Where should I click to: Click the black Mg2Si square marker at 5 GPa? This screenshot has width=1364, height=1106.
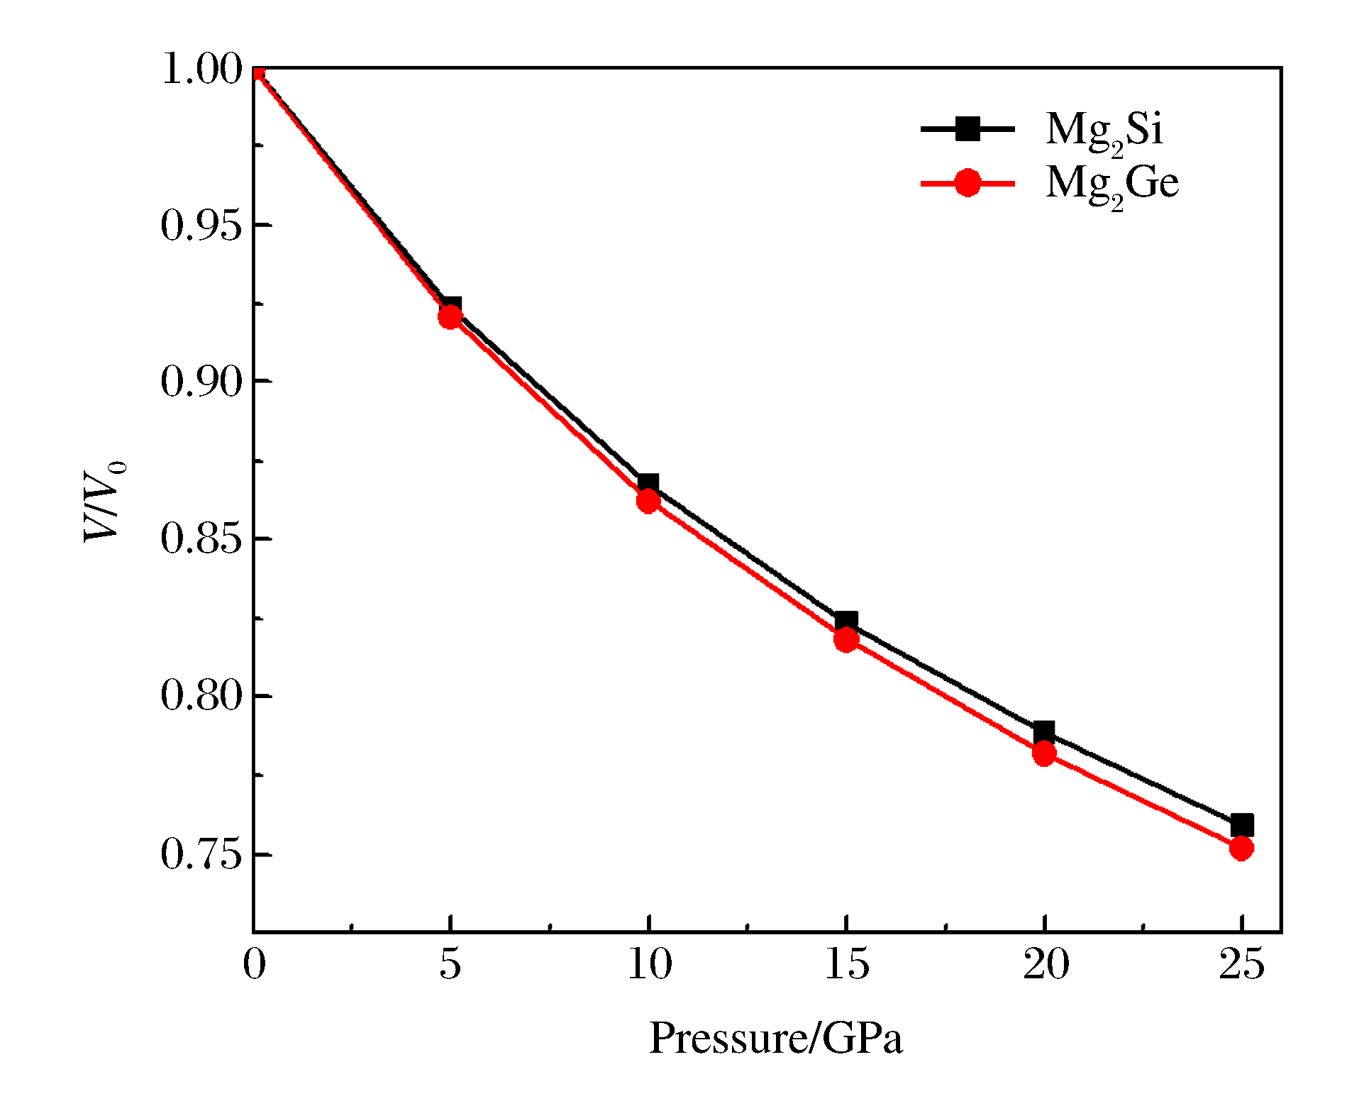tap(450, 306)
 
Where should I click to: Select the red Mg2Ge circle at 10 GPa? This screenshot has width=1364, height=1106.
tap(648, 502)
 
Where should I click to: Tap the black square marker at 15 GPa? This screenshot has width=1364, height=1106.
tap(845, 622)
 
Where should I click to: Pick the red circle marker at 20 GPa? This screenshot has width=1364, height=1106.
tap(1043, 753)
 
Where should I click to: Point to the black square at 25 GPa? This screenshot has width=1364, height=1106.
tap(1241, 825)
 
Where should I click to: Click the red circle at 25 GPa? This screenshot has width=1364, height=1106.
tap(1241, 848)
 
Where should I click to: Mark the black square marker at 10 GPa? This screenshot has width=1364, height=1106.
tap(648, 485)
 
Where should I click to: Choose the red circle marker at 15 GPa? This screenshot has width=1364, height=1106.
tap(845, 641)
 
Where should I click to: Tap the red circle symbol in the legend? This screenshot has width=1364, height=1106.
tap(967, 183)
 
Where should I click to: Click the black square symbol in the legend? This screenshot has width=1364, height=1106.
tap(967, 129)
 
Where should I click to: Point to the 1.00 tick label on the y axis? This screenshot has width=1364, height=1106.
tap(202, 70)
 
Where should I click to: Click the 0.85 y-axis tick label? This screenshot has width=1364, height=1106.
tap(202, 538)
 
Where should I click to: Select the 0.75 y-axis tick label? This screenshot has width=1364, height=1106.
tap(202, 853)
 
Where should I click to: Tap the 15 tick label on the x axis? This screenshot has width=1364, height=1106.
tap(846, 965)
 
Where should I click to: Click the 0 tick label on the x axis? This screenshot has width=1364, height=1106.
tap(254, 965)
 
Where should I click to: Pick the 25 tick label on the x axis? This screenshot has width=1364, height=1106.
tap(1241, 965)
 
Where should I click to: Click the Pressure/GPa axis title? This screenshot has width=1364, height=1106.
tap(776, 1039)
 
